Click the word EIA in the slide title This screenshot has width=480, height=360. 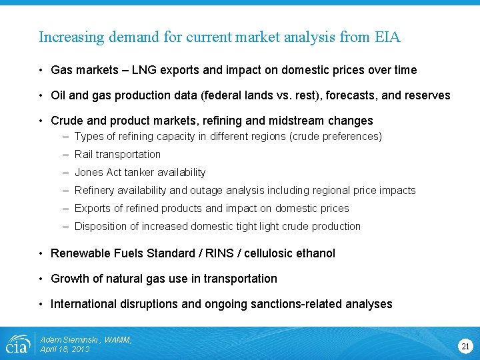coord(387,37)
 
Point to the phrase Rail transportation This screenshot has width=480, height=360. coord(117,154)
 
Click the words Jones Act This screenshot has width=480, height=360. coord(96,172)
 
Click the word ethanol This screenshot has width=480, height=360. coord(314,253)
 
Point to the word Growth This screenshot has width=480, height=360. coord(69,279)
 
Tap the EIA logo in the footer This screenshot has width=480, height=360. coord(17,344)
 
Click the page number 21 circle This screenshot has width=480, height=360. coord(465,345)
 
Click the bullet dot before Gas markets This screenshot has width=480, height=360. coord(41,70)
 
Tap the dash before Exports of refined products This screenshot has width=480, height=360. coord(67,208)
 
